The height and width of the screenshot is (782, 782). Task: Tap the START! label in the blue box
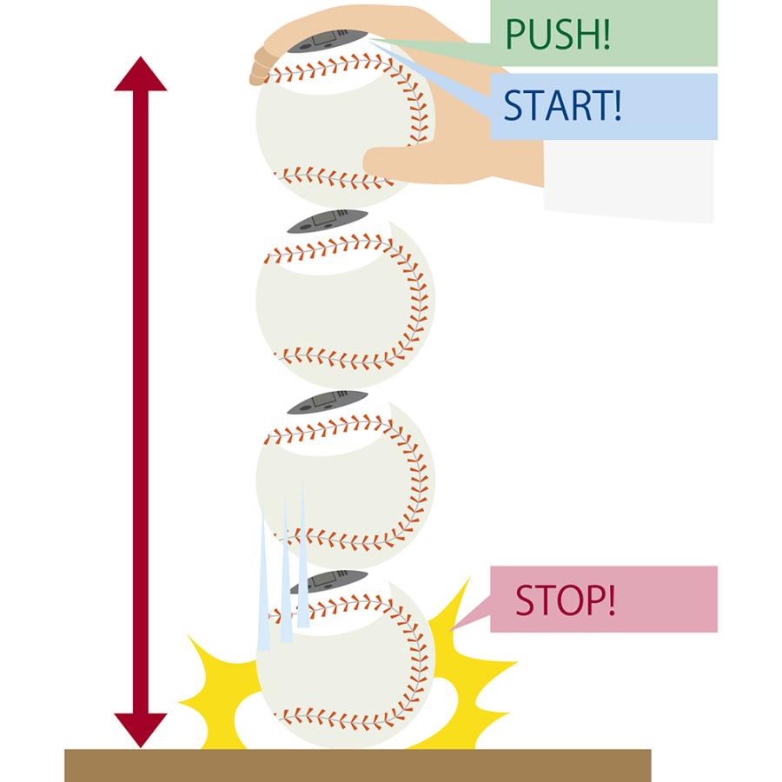click(562, 106)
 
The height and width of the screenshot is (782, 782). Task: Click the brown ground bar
click(357, 765)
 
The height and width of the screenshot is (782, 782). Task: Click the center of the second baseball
click(345, 301)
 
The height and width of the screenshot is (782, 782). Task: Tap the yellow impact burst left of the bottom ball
click(217, 686)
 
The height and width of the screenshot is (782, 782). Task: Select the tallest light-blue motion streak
click(302, 556)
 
